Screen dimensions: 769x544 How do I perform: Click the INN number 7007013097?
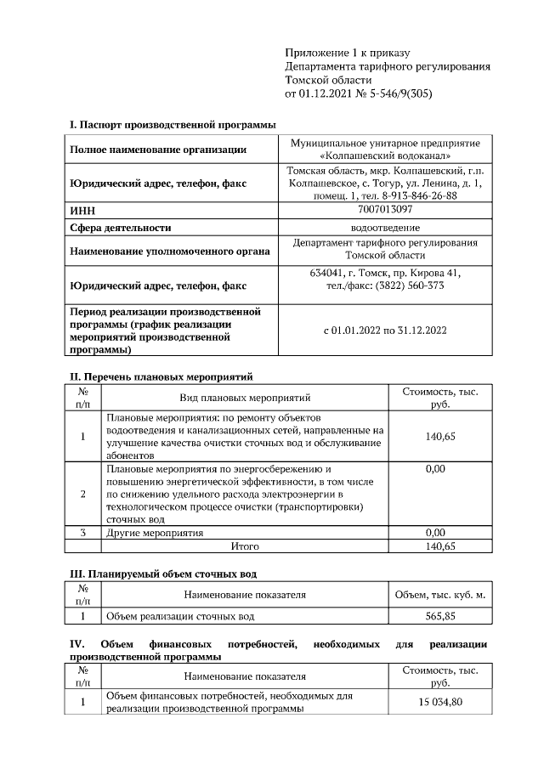(385, 209)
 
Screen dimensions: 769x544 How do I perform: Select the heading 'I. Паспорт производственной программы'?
(173, 125)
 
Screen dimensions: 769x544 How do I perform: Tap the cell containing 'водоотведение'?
(385, 228)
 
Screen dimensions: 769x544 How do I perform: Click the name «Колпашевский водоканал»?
(385, 156)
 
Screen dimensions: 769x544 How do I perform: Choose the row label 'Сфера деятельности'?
(121, 228)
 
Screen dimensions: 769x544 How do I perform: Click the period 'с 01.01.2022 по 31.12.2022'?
(385, 331)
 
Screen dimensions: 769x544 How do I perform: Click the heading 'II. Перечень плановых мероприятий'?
(161, 376)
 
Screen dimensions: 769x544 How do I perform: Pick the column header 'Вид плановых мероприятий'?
(245, 397)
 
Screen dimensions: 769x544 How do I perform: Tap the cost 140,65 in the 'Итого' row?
(439, 546)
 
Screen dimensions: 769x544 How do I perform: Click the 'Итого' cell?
(245, 546)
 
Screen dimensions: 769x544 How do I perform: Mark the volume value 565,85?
(439, 616)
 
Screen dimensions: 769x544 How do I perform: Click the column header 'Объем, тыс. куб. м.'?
(439, 595)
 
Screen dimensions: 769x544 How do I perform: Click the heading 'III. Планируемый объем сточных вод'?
(162, 574)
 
